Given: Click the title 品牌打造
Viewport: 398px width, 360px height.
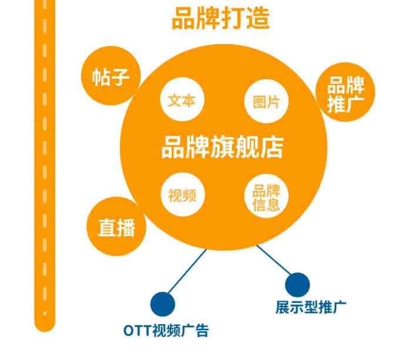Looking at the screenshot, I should (x=220, y=19).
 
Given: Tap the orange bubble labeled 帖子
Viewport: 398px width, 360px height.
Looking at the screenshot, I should (x=111, y=75).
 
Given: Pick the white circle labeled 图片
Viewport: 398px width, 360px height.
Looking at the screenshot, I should (x=266, y=102).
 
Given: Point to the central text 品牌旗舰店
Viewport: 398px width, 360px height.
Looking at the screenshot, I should (x=222, y=147).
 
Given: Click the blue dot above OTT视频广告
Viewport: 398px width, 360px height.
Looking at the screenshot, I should (x=162, y=304).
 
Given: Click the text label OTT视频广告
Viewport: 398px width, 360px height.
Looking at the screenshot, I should (x=166, y=331).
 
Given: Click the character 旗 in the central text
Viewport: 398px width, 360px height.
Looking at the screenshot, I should (x=222, y=147).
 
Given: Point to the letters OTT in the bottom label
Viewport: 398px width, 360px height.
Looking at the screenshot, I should (x=137, y=331).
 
